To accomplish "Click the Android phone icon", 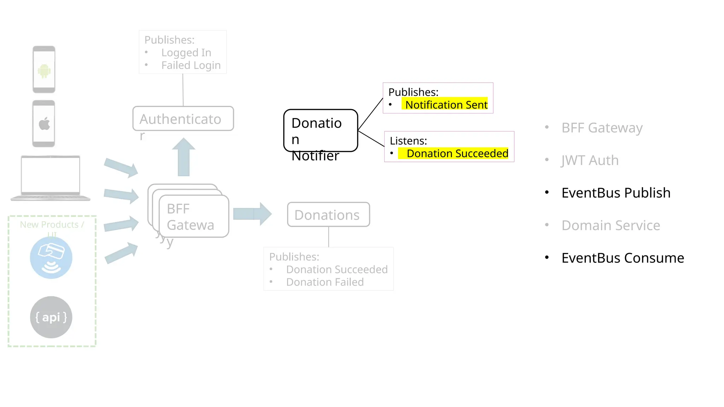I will click(x=44, y=69).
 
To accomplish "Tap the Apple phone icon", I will click(x=44, y=124).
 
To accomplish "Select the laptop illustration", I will click(x=51, y=178).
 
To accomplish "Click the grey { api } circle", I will click(x=51, y=317).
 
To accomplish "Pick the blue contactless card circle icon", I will click(x=51, y=258).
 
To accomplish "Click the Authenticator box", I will click(x=183, y=119).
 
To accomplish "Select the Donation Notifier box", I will click(x=321, y=130).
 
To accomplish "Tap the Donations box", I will click(x=328, y=214).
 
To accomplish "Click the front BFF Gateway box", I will click(x=194, y=216).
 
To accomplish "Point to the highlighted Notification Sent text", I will click(x=446, y=105).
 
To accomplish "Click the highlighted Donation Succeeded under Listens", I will click(x=457, y=154).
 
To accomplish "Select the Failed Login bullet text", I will click(x=191, y=65).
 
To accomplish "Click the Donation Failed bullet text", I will click(x=325, y=282).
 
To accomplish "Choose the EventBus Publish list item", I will click(x=615, y=193).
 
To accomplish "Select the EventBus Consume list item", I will click(x=622, y=258).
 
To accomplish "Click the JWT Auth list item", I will click(x=590, y=160).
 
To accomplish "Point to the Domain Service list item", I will click(x=611, y=225).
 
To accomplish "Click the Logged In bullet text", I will click(x=186, y=53).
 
